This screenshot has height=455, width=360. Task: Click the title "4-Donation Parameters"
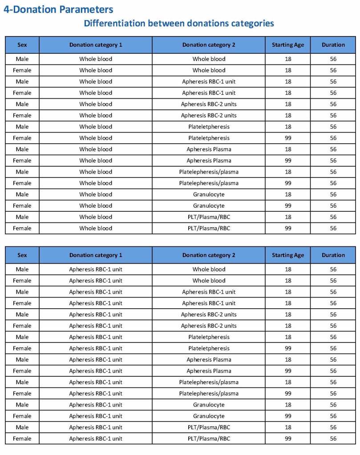pyautogui.click(x=58, y=9)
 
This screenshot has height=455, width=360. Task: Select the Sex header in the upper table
pyautogui.click(x=22, y=45)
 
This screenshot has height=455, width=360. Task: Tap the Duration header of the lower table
pyautogui.click(x=333, y=255)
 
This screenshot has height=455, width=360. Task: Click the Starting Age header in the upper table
pyautogui.click(x=288, y=45)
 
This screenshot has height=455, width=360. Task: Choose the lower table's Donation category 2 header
pyautogui.click(x=209, y=255)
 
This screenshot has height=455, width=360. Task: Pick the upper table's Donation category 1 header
pyautogui.click(x=96, y=45)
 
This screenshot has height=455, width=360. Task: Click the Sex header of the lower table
pyautogui.click(x=22, y=255)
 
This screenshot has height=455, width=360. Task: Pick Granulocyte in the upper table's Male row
pyautogui.click(x=209, y=194)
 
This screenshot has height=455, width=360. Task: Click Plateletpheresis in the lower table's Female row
pyautogui.click(x=209, y=348)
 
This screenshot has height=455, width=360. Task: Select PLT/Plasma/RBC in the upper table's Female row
pyautogui.click(x=209, y=228)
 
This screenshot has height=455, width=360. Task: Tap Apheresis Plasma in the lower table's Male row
pyautogui.click(x=209, y=359)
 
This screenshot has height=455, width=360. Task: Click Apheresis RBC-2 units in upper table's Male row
pyautogui.click(x=209, y=104)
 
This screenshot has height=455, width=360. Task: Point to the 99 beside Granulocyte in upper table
pyautogui.click(x=288, y=205)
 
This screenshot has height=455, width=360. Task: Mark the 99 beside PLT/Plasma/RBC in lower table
pyautogui.click(x=288, y=439)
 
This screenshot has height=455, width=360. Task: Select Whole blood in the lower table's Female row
pyautogui.click(x=209, y=281)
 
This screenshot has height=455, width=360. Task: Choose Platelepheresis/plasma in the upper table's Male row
pyautogui.click(x=209, y=172)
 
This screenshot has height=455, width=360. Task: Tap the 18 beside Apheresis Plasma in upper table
pyautogui.click(x=288, y=149)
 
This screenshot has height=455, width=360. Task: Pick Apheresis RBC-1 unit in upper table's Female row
pyautogui.click(x=209, y=93)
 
